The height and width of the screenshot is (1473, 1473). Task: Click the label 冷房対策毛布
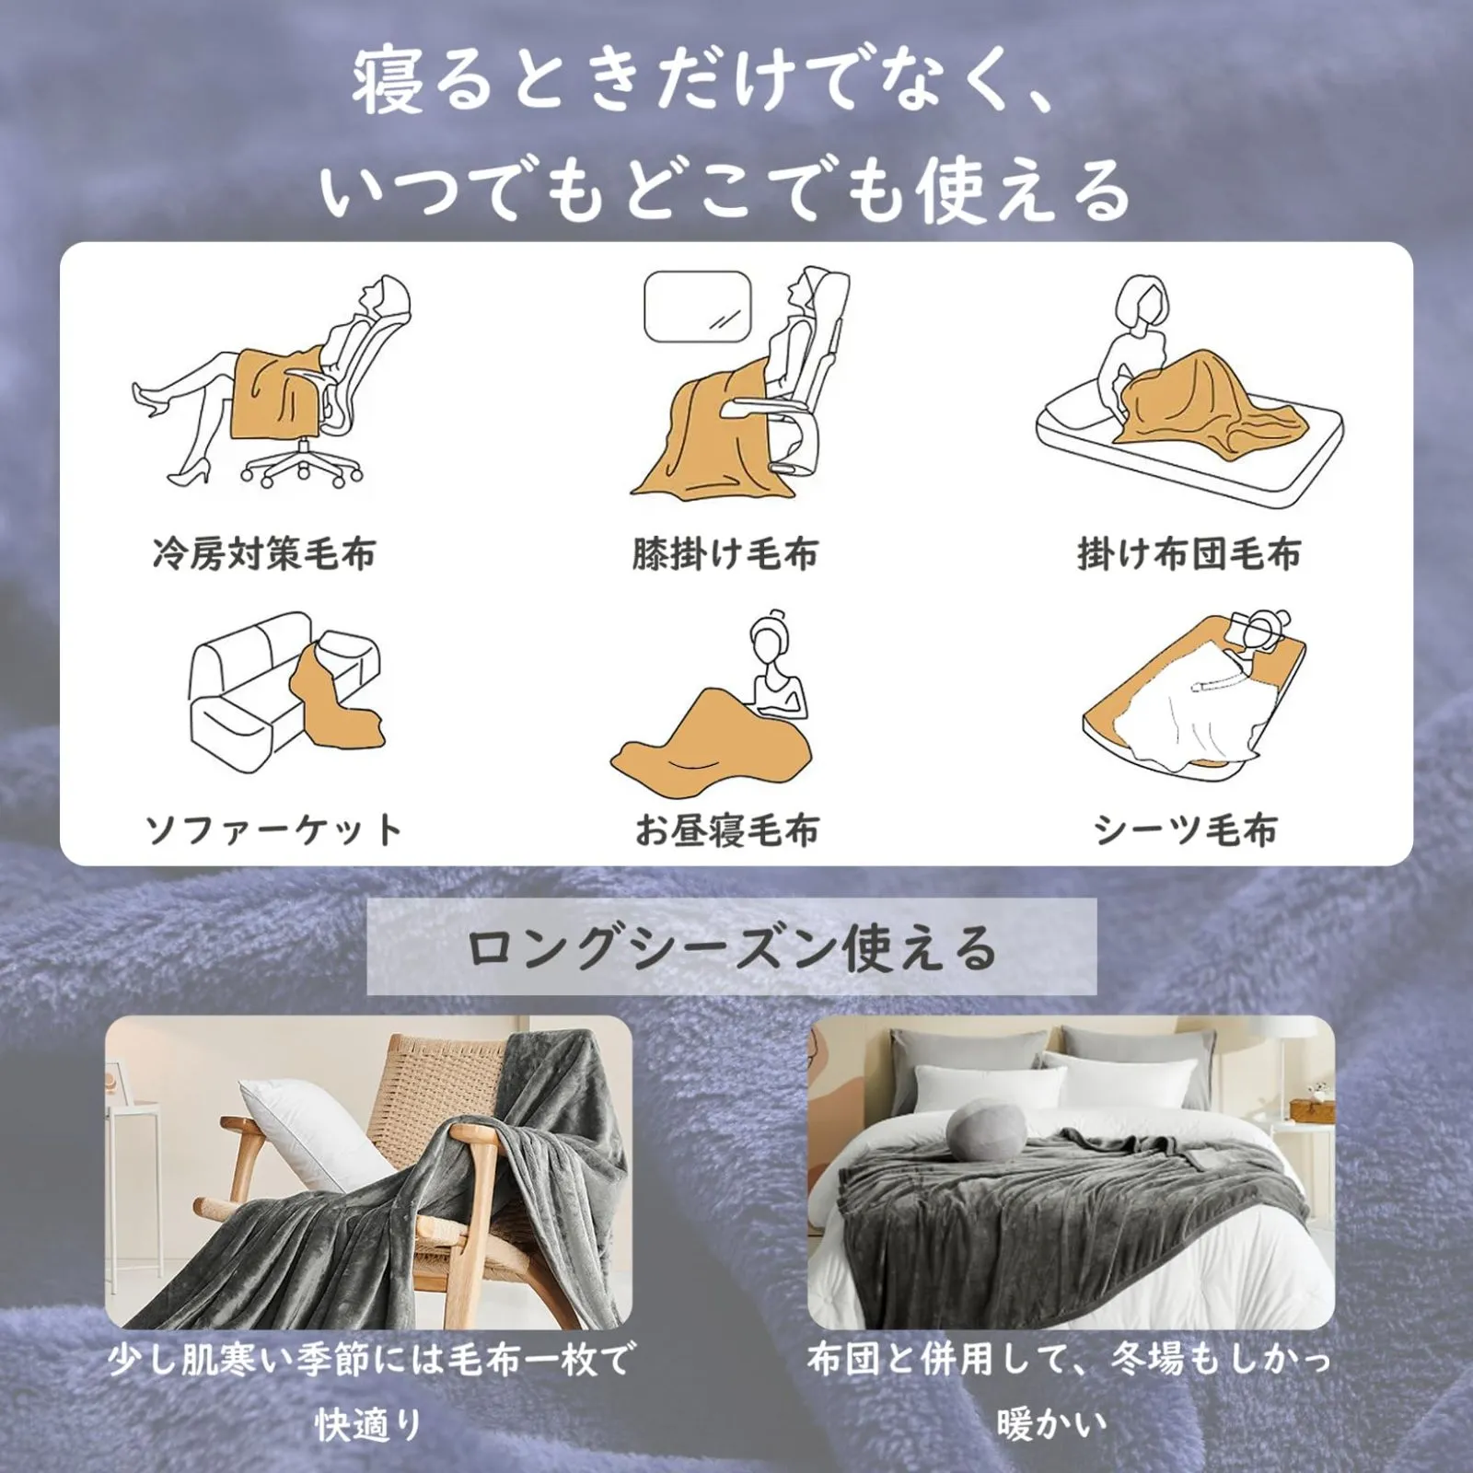point(264,554)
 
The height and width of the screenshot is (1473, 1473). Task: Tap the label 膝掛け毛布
point(725,554)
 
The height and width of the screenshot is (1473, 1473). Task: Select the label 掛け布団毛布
point(1189,554)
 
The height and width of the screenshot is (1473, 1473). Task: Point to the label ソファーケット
point(273,829)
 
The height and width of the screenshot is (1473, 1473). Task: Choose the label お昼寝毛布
point(727,829)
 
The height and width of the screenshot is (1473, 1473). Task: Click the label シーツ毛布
point(1186,829)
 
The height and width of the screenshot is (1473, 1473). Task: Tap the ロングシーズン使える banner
point(732,947)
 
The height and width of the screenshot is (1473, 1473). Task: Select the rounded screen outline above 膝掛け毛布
point(697,307)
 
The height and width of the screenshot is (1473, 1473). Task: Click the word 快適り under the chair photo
point(368,1424)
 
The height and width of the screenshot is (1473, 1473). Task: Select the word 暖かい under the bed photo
point(1051,1424)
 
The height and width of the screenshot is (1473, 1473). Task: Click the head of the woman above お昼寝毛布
point(771,635)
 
